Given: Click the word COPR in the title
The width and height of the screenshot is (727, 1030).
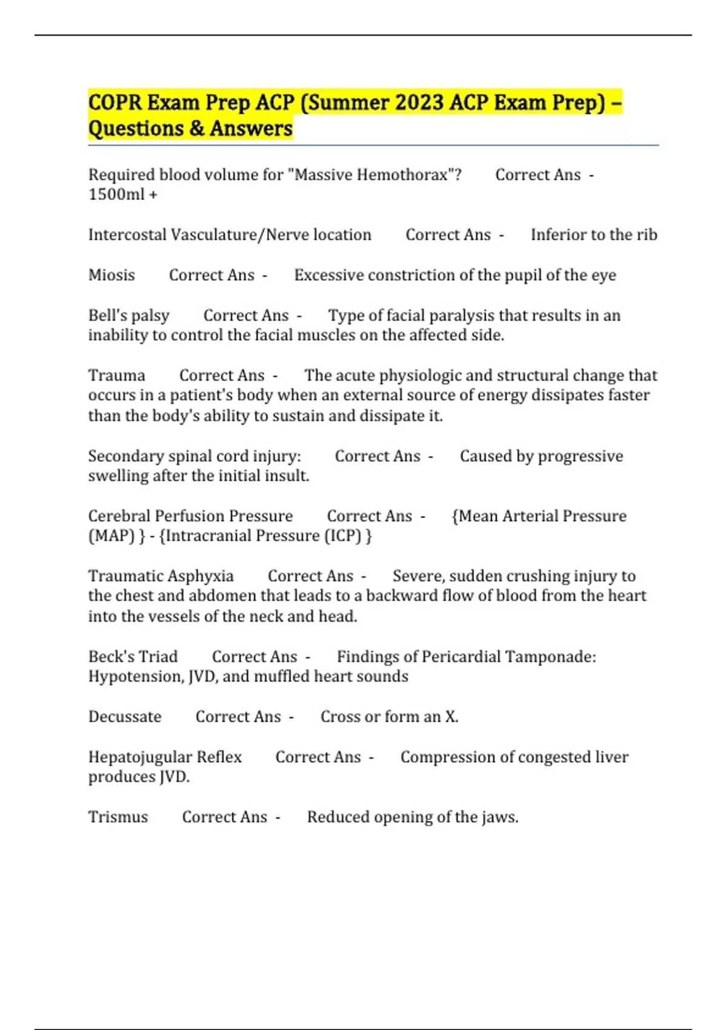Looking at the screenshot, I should coord(115,102).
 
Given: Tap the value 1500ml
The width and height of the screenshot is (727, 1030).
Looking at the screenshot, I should coord(116,194).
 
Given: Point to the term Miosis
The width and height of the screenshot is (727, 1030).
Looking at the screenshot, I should coord(111,275).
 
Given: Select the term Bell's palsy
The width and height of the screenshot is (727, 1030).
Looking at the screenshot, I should coord(128,316).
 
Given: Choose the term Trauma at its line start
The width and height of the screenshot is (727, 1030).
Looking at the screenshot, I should coord(116,376).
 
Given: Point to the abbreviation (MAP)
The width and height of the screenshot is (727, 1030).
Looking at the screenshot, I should coord(111,536).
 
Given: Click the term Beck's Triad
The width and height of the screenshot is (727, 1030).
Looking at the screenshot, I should coord(133,657).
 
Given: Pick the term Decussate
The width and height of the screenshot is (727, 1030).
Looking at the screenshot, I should coord(125,717).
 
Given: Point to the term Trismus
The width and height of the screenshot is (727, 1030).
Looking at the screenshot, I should coord(118,817).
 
